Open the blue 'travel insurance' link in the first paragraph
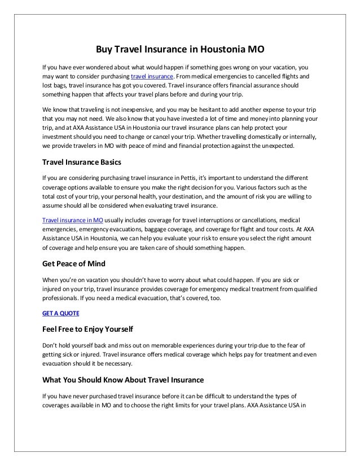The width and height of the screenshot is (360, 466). point(152,76)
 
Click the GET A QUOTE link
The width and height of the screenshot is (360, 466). point(61,313)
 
